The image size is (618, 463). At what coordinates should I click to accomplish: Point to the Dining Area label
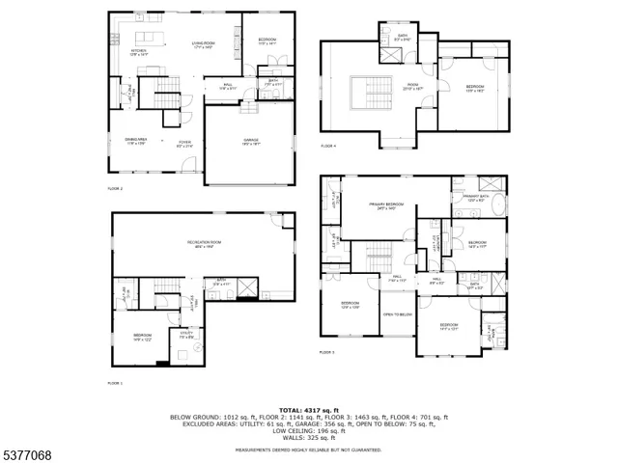pos(136,142)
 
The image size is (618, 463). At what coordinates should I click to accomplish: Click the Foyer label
pos(183,143)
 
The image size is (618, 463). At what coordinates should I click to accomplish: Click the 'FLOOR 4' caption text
pos(328,146)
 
